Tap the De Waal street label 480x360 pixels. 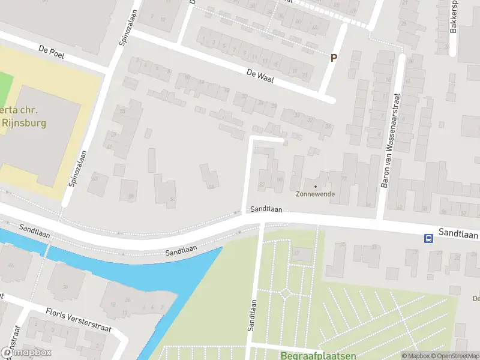tap(259, 76)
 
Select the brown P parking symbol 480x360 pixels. tap(334, 58)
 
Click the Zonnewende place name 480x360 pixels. tap(315, 194)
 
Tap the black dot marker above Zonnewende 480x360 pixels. tap(316, 186)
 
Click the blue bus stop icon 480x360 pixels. tap(429, 238)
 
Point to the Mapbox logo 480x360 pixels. tap(26, 353)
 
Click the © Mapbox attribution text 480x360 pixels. tap(415, 356)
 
